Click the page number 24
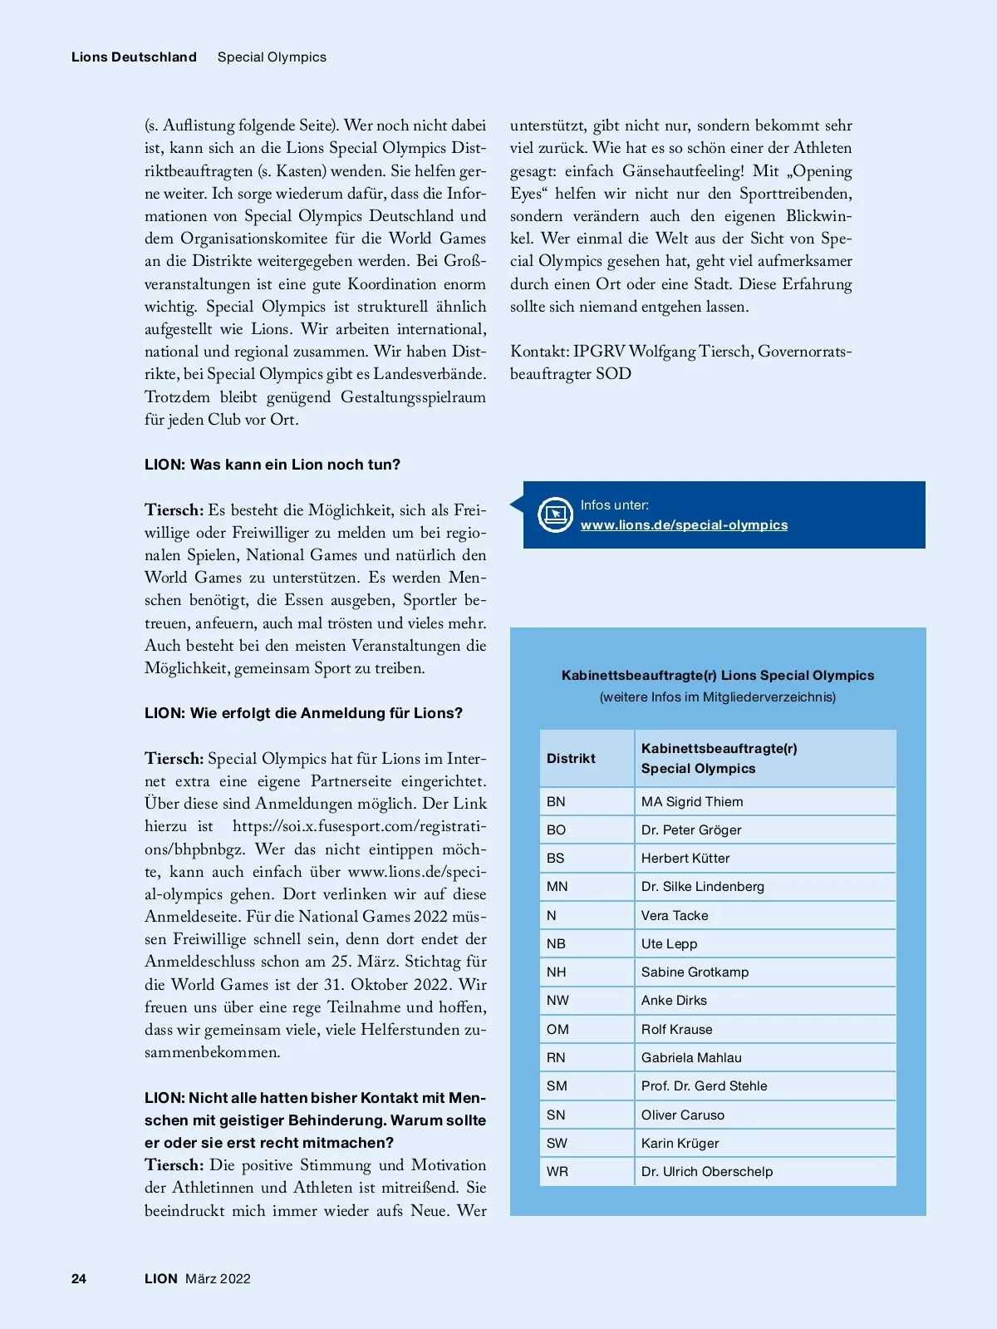pos(79,1278)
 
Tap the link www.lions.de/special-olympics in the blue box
pos(684,524)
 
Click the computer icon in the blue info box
pos(554,514)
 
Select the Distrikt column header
pos(571,758)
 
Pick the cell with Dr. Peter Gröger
pos(690,829)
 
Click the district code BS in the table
pos(555,858)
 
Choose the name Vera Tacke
pos(675,915)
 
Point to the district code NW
pos(557,1000)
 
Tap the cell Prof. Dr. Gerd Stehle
pos(704,1085)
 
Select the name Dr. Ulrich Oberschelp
pos(706,1171)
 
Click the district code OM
pos(557,1029)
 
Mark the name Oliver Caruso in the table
pos(682,1115)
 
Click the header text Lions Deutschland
pos(134,57)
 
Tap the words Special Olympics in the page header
pos(272,57)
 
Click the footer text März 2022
pos(218,1278)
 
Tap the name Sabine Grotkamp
pos(695,972)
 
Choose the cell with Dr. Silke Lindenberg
pos(702,886)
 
